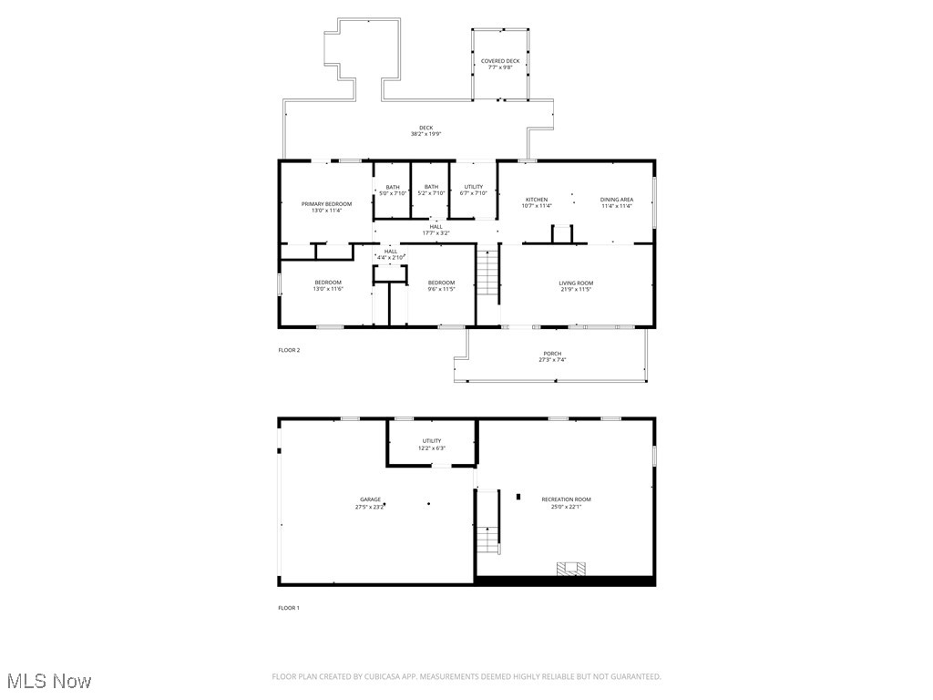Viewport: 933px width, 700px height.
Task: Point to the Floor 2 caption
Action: (289, 350)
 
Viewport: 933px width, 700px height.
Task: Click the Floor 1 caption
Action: (289, 608)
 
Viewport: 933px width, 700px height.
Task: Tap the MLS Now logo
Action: (49, 681)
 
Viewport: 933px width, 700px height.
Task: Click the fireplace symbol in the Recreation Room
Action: (571, 569)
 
